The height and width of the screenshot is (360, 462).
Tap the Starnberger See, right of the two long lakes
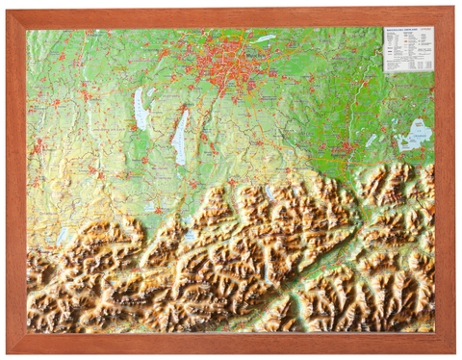coord(180,127)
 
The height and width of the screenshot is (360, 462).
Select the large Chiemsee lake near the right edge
coord(418,132)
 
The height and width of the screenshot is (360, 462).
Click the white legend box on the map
coord(408,49)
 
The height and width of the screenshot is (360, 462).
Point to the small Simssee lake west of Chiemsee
coord(372,140)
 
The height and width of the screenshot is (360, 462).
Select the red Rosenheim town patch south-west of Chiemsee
coord(345,149)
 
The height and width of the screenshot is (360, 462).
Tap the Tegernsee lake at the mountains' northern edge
coord(269,193)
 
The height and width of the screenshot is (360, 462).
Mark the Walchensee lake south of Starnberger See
coord(191,235)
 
